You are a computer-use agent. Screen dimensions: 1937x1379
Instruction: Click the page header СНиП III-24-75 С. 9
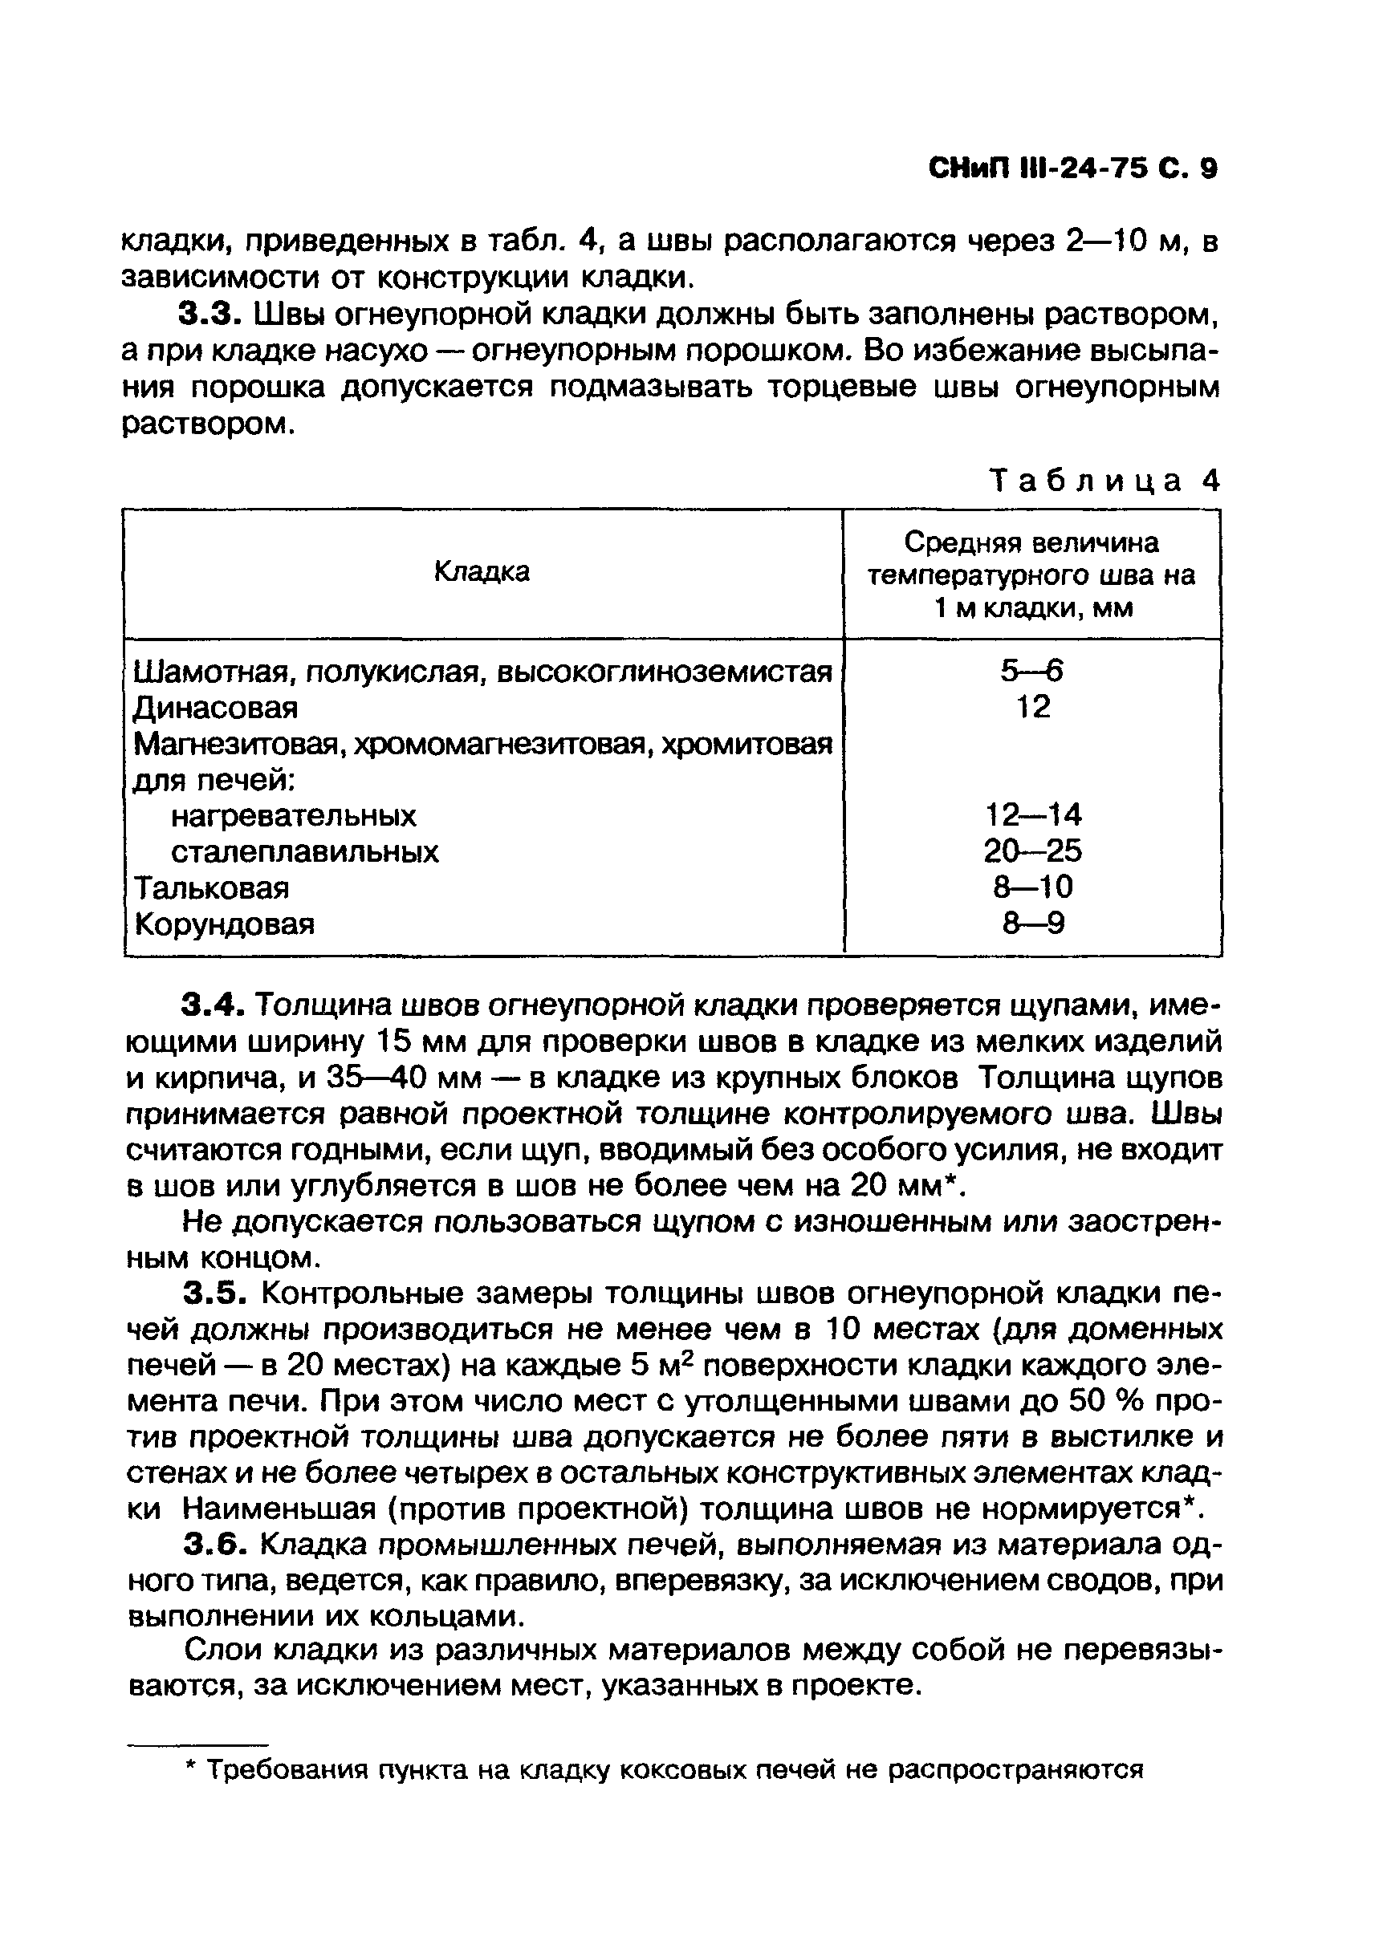(1072, 170)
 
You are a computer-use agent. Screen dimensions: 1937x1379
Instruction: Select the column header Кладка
(482, 572)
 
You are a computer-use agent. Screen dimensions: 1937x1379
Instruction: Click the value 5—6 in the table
(1031, 672)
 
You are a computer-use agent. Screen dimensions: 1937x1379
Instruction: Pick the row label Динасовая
(217, 707)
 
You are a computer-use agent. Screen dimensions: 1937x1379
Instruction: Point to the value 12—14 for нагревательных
(1032, 816)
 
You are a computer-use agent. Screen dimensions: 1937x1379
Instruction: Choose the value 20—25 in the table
(1032, 851)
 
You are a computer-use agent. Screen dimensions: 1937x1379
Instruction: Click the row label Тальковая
(212, 888)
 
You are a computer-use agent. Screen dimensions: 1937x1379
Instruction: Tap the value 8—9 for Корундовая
(1032, 924)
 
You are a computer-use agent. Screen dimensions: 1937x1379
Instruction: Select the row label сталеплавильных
(305, 851)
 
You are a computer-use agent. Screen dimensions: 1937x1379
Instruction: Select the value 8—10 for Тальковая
(1032, 888)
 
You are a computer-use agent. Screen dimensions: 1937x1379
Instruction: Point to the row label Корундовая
(225, 924)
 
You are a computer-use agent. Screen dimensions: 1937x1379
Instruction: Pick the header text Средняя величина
(1031, 542)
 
